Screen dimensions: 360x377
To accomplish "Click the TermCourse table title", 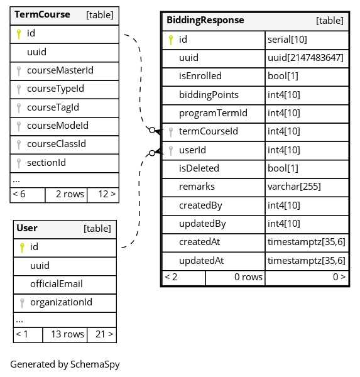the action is (x=42, y=14).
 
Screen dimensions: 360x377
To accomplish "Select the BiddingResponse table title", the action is (x=205, y=20).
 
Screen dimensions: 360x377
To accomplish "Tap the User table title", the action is (x=27, y=228).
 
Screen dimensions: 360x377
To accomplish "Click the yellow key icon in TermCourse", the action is (x=19, y=34).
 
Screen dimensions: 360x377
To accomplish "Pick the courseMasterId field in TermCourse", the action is (x=60, y=70).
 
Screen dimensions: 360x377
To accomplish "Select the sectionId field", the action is (x=46, y=163).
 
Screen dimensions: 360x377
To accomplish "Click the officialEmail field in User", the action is (x=57, y=284).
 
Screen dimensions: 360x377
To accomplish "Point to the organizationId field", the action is (x=62, y=302).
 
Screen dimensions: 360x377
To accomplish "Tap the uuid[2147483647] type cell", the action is (x=305, y=58).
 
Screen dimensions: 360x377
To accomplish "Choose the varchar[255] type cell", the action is (x=295, y=187).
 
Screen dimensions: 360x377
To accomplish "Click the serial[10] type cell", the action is (x=287, y=40).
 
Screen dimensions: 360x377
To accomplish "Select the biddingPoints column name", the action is (x=209, y=95).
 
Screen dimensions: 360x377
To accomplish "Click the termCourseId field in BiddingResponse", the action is (x=209, y=131).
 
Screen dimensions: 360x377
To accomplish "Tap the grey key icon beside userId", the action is (x=171, y=151).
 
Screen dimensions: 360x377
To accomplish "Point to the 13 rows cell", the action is (x=68, y=334).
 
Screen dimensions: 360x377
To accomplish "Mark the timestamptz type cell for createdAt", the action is (x=307, y=242).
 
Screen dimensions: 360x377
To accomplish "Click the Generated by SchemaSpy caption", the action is (x=65, y=364).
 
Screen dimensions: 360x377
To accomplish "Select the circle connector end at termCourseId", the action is (x=152, y=130).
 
